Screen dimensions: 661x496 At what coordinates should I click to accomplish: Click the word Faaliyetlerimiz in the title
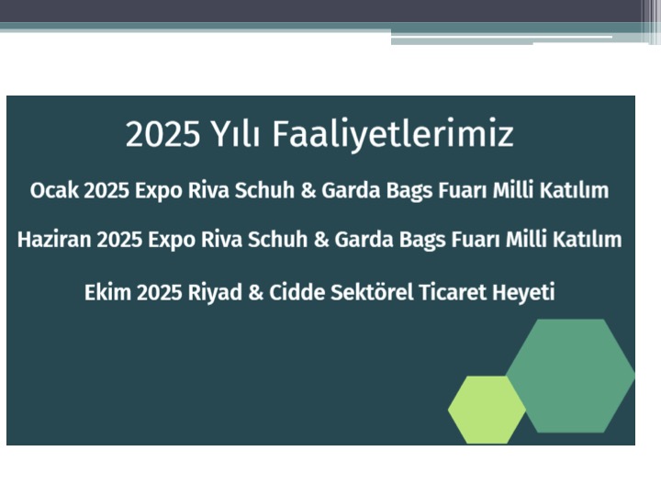coord(393,134)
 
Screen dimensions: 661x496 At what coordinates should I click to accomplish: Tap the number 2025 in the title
coord(162,134)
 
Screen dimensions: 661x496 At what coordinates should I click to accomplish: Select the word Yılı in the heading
coord(235,134)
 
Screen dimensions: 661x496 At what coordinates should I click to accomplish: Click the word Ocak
coord(54,190)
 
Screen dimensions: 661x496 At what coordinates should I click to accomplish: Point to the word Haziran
coord(54,240)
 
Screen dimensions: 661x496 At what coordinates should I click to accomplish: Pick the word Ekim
coord(108,292)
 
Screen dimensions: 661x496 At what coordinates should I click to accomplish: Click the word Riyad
coord(215,293)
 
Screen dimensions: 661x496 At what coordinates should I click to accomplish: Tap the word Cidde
coord(297,292)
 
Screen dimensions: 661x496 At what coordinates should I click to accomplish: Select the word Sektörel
coord(372,292)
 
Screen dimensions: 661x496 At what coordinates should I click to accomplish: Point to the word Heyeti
coord(523,293)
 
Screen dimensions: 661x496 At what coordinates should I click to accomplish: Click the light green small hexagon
coord(487,410)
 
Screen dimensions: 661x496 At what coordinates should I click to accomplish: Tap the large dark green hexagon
coord(570,376)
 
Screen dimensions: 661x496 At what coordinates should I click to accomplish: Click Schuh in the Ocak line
coord(264,190)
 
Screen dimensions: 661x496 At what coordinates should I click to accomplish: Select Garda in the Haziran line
coord(364,240)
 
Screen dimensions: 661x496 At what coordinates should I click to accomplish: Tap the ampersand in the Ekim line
coord(256,293)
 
